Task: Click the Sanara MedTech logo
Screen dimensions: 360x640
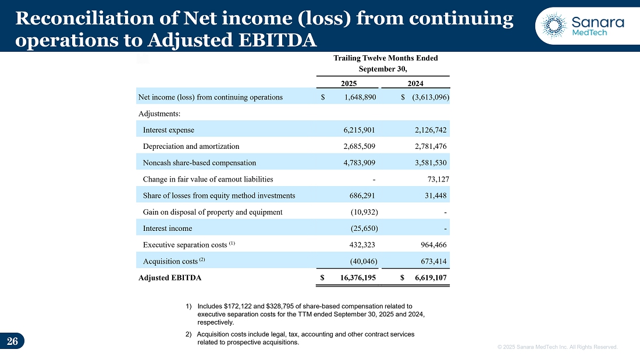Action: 582,25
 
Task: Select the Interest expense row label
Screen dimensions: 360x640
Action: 169,130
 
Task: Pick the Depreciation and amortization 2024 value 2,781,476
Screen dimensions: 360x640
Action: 427,147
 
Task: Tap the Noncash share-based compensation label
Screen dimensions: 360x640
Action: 200,163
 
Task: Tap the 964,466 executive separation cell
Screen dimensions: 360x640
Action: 430,245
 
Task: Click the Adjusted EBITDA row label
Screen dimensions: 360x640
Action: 170,278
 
